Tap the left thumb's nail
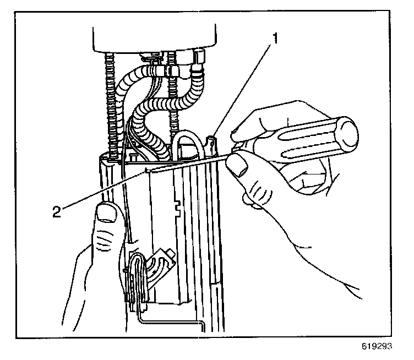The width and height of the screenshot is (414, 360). pyautogui.click(x=107, y=211)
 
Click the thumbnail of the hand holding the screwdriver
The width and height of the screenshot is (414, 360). pyautogui.click(x=238, y=164)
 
